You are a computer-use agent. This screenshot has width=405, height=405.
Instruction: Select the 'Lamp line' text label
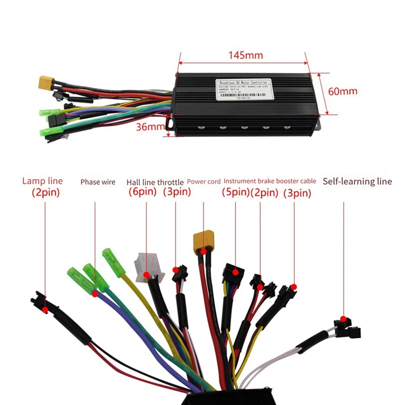coord(43,181)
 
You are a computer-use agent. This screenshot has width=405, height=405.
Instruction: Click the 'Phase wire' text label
coord(98,182)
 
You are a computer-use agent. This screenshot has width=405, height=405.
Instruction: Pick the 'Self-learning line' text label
coord(357,181)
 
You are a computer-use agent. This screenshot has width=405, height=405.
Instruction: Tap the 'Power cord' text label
coord(204,181)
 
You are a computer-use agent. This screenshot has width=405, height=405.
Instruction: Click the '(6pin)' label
coord(142,192)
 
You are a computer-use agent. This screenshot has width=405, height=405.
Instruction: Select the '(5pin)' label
coord(235,192)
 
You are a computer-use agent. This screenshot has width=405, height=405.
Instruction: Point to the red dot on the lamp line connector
coord(46,308)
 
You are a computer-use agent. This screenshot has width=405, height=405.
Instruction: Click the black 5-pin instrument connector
coord(232,273)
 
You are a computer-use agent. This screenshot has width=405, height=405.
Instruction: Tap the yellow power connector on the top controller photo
coord(47,82)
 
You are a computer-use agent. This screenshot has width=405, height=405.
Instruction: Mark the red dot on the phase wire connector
coord(94,293)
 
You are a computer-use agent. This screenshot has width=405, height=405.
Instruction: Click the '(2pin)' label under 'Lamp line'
coord(46,192)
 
